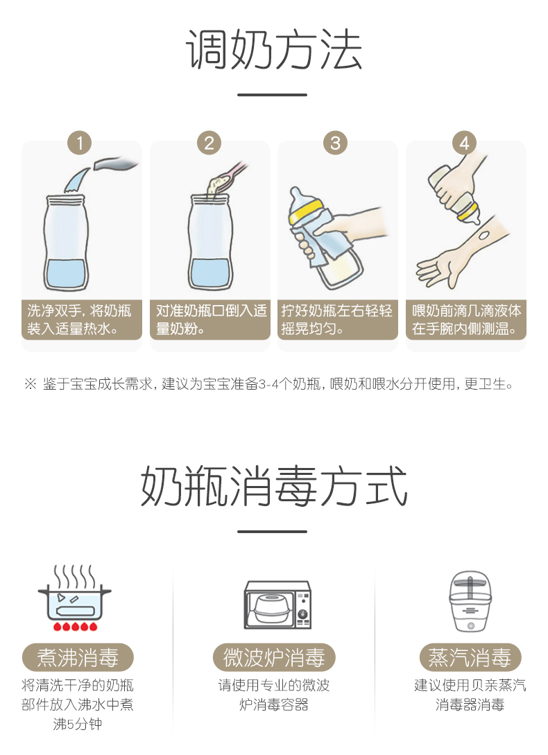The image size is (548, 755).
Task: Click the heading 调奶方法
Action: click(273, 50)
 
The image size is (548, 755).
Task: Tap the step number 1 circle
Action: click(80, 143)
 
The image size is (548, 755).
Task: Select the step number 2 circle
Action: click(209, 143)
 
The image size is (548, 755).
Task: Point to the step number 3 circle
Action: click(336, 143)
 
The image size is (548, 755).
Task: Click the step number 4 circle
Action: click(464, 143)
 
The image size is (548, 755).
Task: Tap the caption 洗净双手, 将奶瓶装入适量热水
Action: click(79, 320)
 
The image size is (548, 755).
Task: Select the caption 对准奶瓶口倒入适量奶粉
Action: click(211, 320)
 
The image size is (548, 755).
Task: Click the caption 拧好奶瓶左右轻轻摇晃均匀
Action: click(337, 320)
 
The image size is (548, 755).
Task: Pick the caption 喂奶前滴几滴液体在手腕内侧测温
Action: click(466, 320)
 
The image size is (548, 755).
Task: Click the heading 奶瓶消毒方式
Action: click(274, 486)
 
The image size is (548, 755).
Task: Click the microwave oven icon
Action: click(277, 605)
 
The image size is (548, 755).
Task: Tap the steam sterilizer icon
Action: click(470, 601)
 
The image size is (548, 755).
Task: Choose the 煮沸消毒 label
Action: click(78, 657)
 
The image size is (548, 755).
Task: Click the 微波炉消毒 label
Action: click(274, 657)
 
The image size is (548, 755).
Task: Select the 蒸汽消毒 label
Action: click(470, 657)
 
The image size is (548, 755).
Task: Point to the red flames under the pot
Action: click(75, 626)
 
